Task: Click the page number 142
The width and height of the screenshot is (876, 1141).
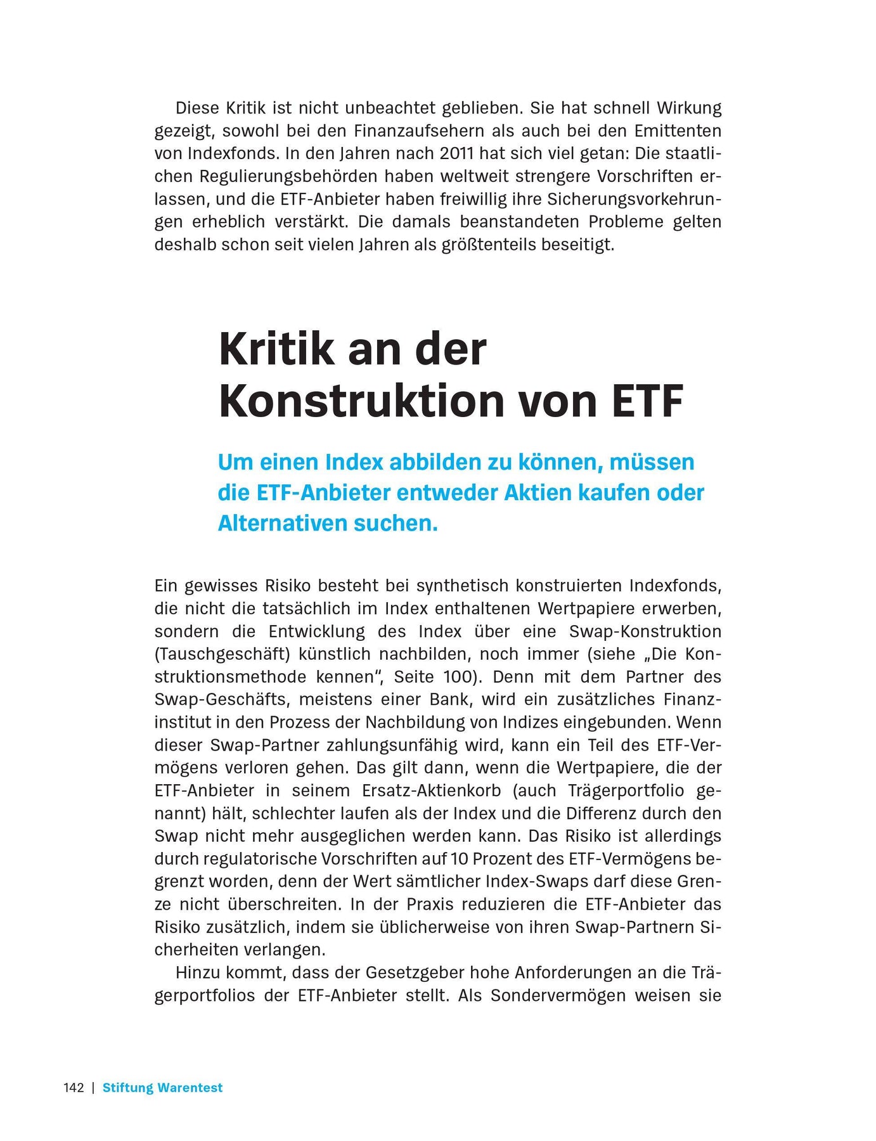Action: [74, 1088]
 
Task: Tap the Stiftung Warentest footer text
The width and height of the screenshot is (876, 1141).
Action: [162, 1088]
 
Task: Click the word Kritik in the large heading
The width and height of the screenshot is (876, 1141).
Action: [276, 349]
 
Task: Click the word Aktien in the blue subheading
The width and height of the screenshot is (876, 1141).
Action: [543, 493]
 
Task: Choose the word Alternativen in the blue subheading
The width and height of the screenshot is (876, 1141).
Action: [282, 523]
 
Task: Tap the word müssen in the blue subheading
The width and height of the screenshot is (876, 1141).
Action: [652, 462]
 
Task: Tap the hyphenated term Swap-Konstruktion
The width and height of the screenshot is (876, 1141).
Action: [645, 631]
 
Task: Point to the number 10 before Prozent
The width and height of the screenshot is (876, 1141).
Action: [459, 859]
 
